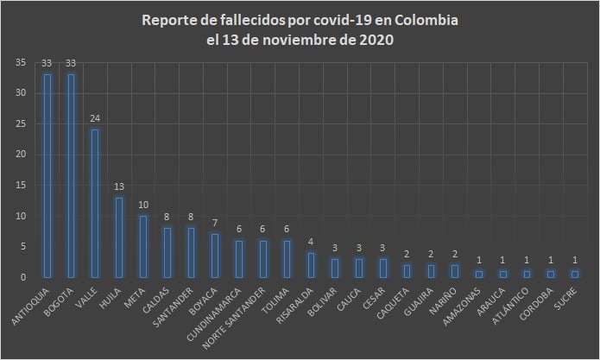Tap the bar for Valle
pos(95,203)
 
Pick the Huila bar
pos(119,237)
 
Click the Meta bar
pos(142,247)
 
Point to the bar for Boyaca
pos(215,256)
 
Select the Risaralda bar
pos(311,265)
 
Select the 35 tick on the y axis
pos(20,62)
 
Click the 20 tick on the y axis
pos(20,155)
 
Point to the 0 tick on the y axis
pos(22,277)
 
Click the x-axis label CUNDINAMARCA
pos(226,311)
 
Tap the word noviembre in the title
pos(294,41)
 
